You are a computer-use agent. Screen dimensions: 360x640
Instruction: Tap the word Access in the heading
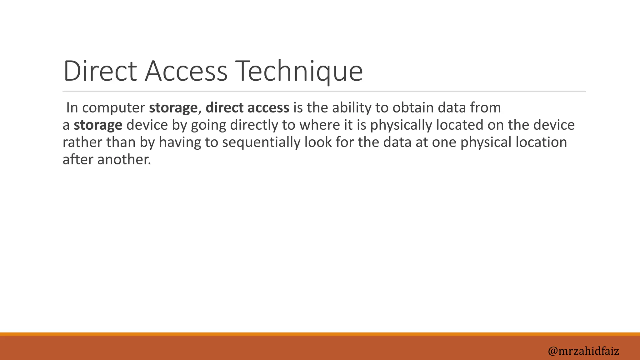186,71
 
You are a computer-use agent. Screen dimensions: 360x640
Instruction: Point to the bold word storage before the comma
173,108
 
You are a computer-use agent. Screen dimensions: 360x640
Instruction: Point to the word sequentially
261,142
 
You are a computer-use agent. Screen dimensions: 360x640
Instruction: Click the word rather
82,142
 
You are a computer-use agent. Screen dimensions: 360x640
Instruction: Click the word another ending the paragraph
124,159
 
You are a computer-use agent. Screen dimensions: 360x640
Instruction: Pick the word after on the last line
78,159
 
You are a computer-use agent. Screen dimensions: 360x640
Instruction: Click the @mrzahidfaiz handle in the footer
583,351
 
